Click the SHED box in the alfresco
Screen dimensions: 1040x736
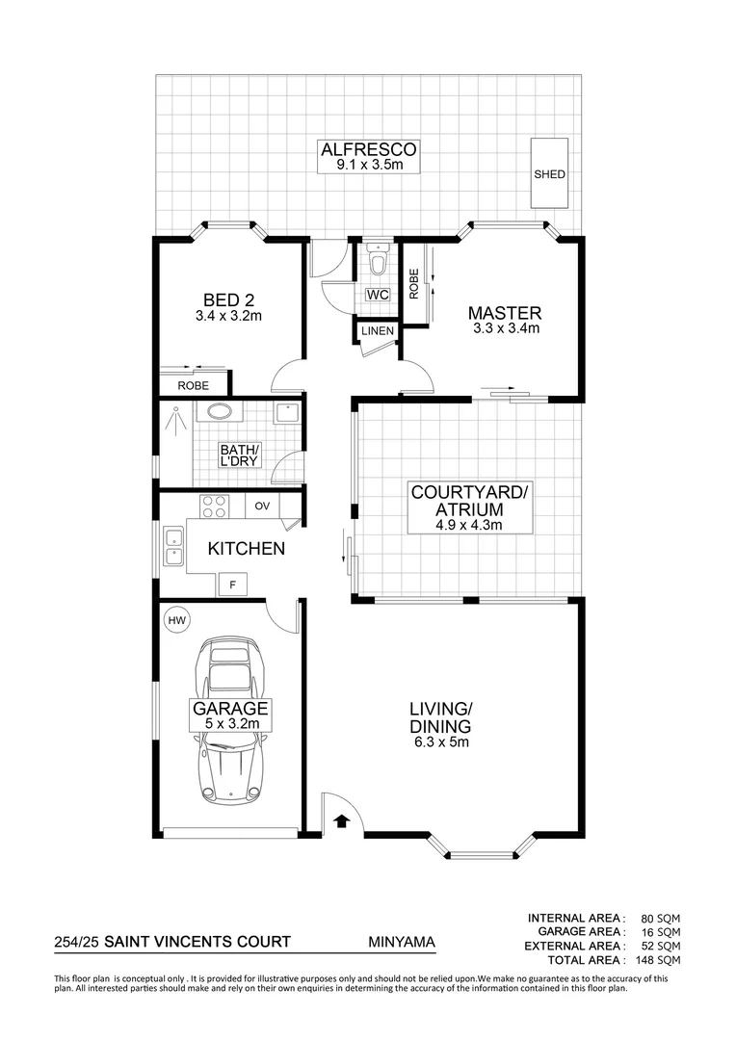tap(550, 173)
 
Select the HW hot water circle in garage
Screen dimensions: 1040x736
tap(176, 621)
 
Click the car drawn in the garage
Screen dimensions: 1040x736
tap(231, 718)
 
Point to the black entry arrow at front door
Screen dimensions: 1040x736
tap(340, 820)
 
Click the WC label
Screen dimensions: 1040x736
tap(378, 295)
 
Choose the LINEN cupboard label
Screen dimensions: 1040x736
tap(377, 331)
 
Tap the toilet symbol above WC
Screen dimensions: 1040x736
tap(378, 263)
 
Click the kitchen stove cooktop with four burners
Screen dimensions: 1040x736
tap(213, 506)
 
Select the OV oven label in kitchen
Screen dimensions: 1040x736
tap(262, 506)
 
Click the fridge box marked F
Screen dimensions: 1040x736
tap(231, 584)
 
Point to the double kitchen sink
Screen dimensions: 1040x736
tap(173, 546)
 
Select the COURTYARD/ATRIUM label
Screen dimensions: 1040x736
tap(457, 500)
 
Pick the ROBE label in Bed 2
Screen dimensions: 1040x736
tap(193, 385)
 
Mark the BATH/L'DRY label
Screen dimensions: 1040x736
tap(239, 456)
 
